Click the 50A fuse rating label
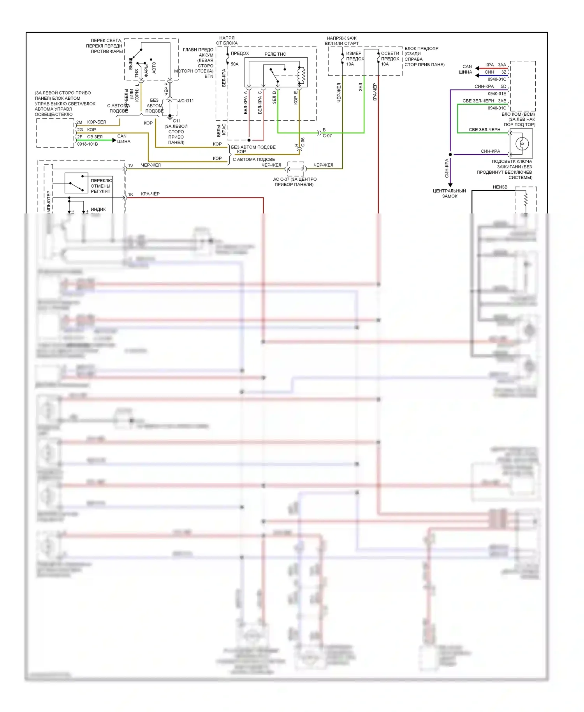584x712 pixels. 234,64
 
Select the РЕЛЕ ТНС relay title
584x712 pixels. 275,54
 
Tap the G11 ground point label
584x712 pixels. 177,121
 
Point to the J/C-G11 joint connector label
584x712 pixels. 186,100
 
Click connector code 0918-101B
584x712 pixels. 88,144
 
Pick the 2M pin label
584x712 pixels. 79,122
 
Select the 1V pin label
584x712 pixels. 130,166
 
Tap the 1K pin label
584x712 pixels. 130,194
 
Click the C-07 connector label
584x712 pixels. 327,136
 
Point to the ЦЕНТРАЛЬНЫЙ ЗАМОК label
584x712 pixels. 449,194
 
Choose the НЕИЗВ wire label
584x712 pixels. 500,187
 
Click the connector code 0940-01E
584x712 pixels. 497,93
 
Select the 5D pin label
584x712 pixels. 503,86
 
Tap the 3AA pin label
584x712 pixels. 502,65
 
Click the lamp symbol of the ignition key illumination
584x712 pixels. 522,143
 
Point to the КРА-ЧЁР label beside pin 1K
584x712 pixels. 150,194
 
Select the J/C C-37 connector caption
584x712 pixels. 294,182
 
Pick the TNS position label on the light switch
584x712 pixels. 137,73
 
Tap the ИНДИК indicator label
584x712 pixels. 98,210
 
